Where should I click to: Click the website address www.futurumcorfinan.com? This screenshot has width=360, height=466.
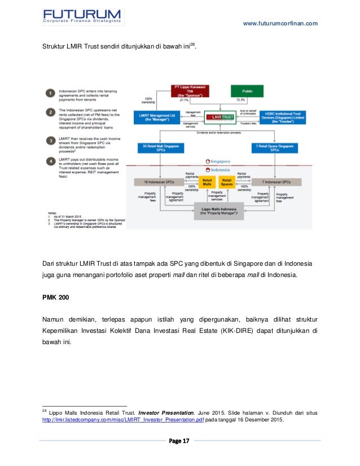280,23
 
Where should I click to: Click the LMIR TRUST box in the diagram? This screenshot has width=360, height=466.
221,117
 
